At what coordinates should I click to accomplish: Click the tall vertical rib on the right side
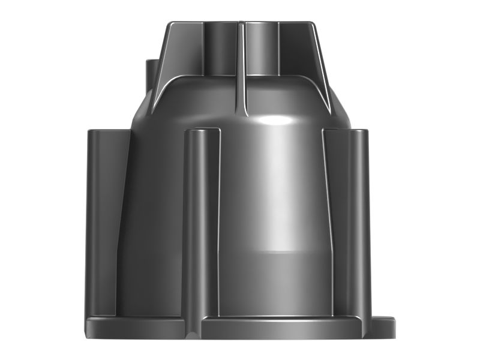click(354, 222)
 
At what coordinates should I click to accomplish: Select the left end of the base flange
click(90, 327)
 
